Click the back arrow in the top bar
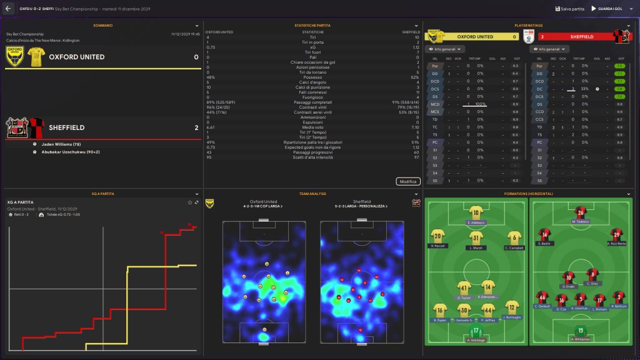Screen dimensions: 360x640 coord(8,9)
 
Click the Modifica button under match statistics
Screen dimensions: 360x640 coord(407,181)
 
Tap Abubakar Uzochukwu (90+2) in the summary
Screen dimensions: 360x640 coord(70,152)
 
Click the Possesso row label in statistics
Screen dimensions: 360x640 coord(312,77)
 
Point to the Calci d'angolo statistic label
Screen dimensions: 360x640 coord(312,82)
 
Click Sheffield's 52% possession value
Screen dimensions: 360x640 coord(415,77)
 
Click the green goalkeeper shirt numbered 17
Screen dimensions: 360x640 coord(476,331)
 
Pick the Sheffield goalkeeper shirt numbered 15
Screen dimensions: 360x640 coord(581,331)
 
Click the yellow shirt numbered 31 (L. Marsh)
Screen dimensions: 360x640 coord(476,237)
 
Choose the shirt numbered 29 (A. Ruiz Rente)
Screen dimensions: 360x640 coord(617,235)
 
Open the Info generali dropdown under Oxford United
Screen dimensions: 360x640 coord(442,49)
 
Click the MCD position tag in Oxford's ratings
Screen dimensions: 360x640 coord(435,104)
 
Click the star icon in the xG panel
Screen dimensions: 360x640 coord(190,202)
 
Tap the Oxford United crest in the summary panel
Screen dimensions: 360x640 coord(14,57)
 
